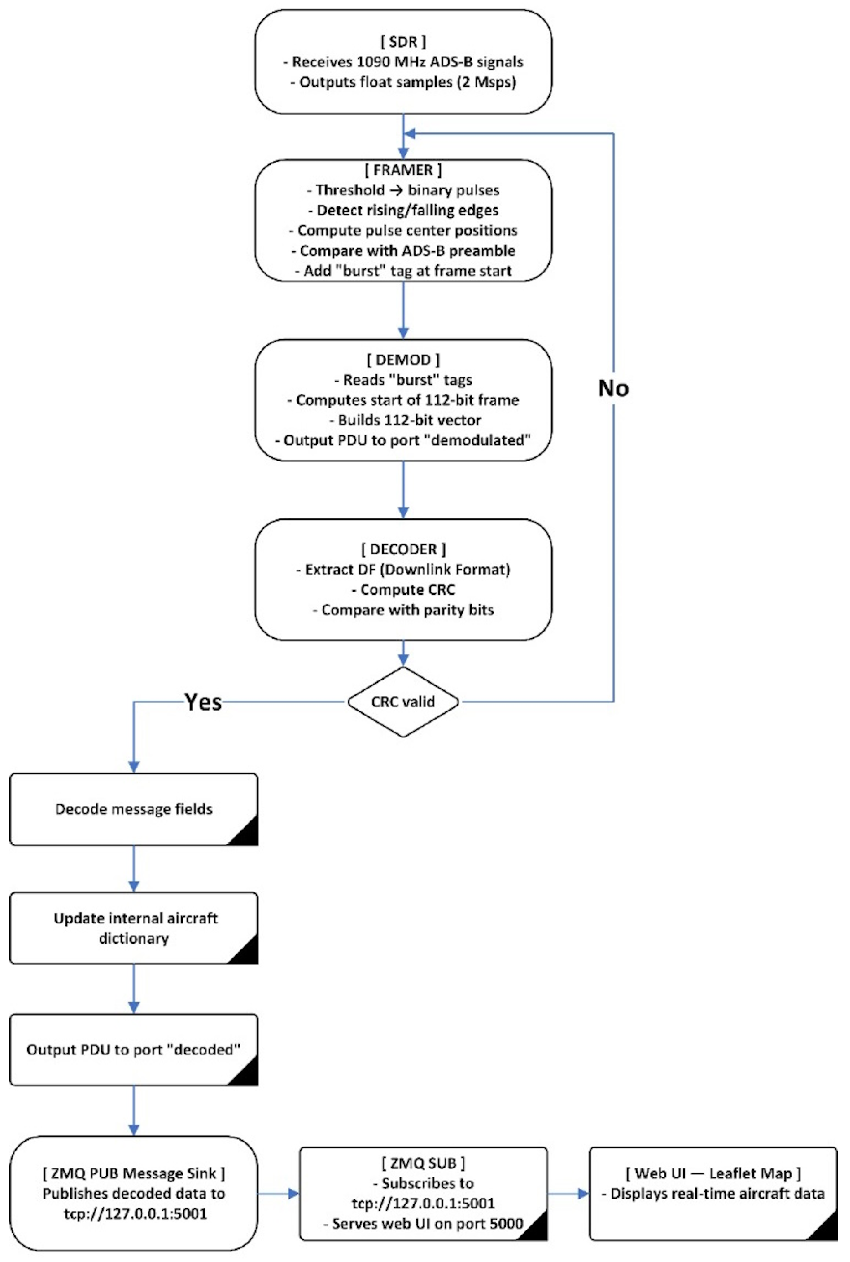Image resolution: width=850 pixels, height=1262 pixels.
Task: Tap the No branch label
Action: [x=614, y=388]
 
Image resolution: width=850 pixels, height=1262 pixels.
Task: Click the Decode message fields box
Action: [x=134, y=809]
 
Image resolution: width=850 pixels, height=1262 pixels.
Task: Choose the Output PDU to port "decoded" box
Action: [x=134, y=1049]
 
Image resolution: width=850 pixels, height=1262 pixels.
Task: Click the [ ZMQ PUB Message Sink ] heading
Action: [x=134, y=1174]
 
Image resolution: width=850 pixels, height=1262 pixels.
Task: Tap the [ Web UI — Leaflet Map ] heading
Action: [x=713, y=1174]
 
